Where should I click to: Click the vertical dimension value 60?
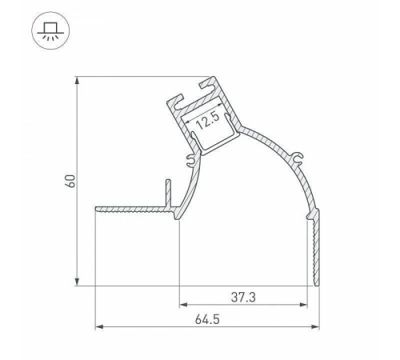[70, 181]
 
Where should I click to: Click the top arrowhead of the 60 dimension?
[78, 81]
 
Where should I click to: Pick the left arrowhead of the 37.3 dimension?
[182, 305]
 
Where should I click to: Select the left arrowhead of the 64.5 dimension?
[98, 326]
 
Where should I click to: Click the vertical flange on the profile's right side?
[315, 248]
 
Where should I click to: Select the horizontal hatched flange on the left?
[132, 211]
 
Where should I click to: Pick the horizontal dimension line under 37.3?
[243, 305]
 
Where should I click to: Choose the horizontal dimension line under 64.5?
[206, 326]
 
